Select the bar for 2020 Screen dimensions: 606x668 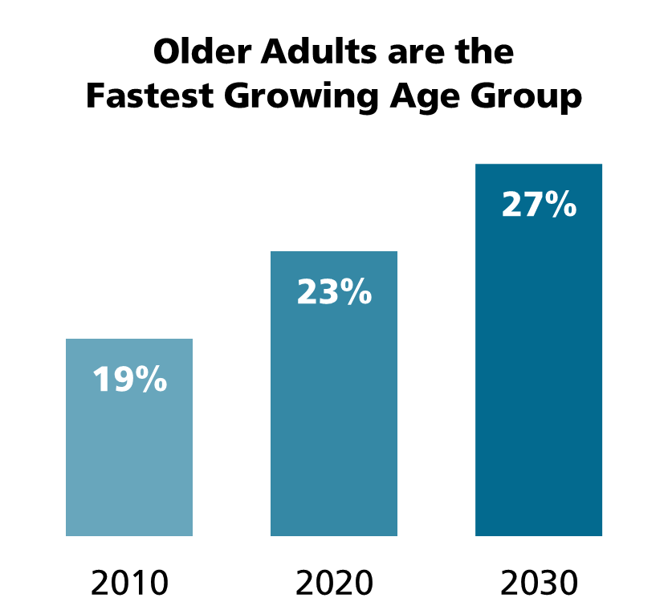tap(334, 417)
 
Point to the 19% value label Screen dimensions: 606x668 tap(129, 380)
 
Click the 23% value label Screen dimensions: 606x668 tap(334, 292)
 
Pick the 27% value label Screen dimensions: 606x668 tap(539, 205)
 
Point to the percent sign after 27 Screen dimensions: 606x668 tap(560, 205)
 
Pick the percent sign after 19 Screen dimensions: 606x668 tap(150, 380)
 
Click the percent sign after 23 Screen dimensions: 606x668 tap(355, 292)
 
